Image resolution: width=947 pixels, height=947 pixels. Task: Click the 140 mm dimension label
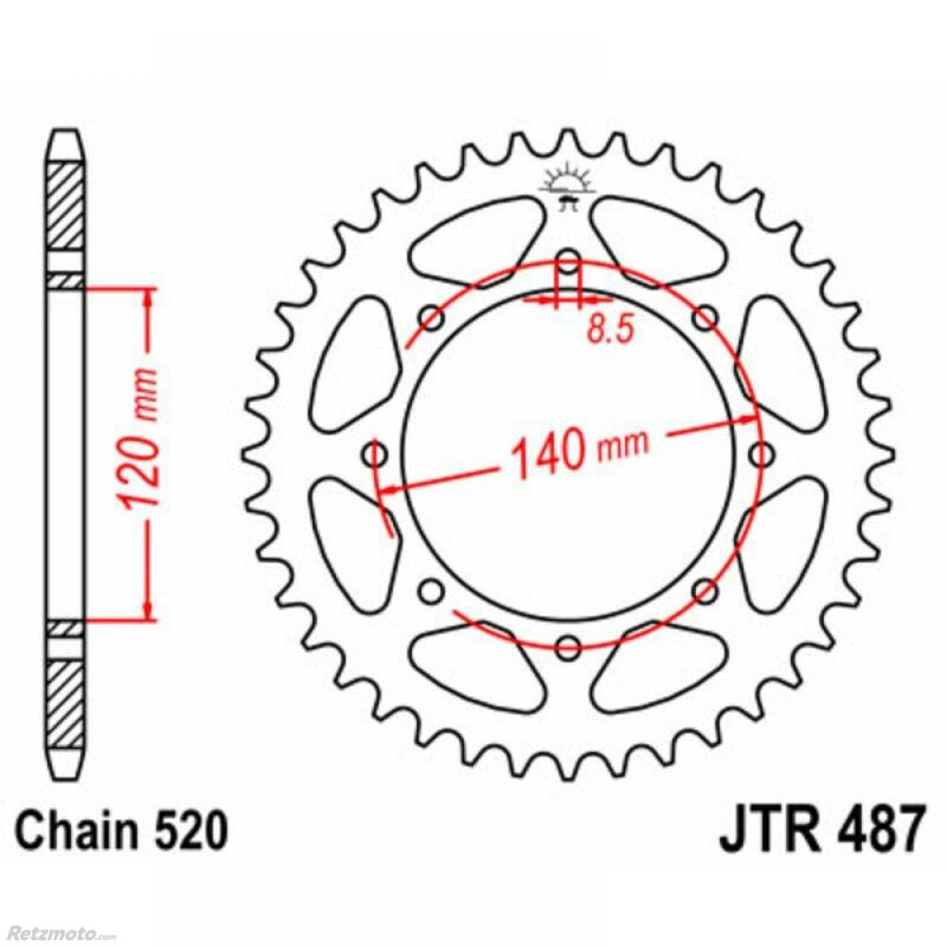tap(581, 450)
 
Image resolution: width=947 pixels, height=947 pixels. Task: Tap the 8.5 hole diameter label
tap(611, 330)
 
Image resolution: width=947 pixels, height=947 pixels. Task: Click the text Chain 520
tap(122, 831)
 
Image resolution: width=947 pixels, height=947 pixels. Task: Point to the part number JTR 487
tap(821, 828)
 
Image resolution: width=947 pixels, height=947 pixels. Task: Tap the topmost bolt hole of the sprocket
tap(567, 262)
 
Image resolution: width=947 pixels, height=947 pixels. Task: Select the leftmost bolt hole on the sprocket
tap(374, 455)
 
